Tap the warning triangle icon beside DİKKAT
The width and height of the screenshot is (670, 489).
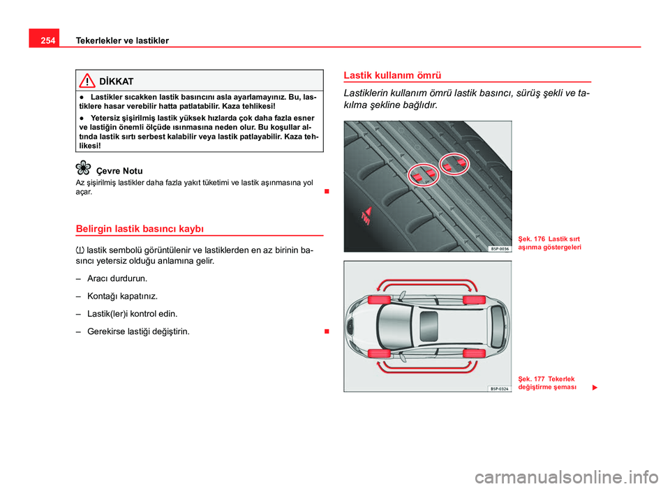86,81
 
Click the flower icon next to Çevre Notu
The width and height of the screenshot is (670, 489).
83,167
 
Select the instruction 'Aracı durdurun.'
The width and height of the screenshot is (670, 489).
117,278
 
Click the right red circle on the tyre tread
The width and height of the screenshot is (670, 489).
454,163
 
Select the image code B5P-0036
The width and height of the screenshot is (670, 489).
498,248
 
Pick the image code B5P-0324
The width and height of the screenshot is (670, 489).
498,388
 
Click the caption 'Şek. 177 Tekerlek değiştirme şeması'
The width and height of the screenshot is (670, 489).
548,382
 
